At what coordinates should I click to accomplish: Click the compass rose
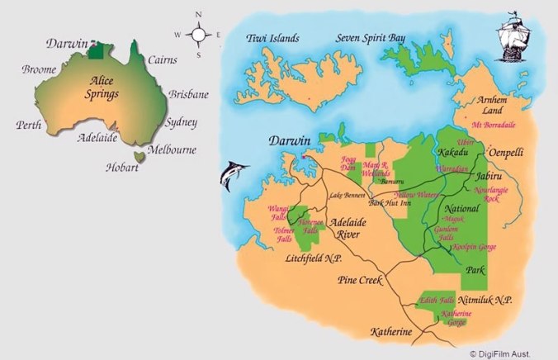point(200,35)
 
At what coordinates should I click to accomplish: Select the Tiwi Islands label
point(273,38)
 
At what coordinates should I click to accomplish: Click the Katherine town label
point(390,332)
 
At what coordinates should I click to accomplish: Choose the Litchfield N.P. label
point(313,259)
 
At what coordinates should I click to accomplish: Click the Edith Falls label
point(438,300)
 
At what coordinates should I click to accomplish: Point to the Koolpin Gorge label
point(473,246)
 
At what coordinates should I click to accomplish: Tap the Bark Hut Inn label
point(390,201)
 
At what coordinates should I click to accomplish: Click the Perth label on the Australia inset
point(29,126)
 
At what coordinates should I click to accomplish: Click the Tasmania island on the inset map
point(139,154)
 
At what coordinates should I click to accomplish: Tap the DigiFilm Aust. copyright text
point(511,352)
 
